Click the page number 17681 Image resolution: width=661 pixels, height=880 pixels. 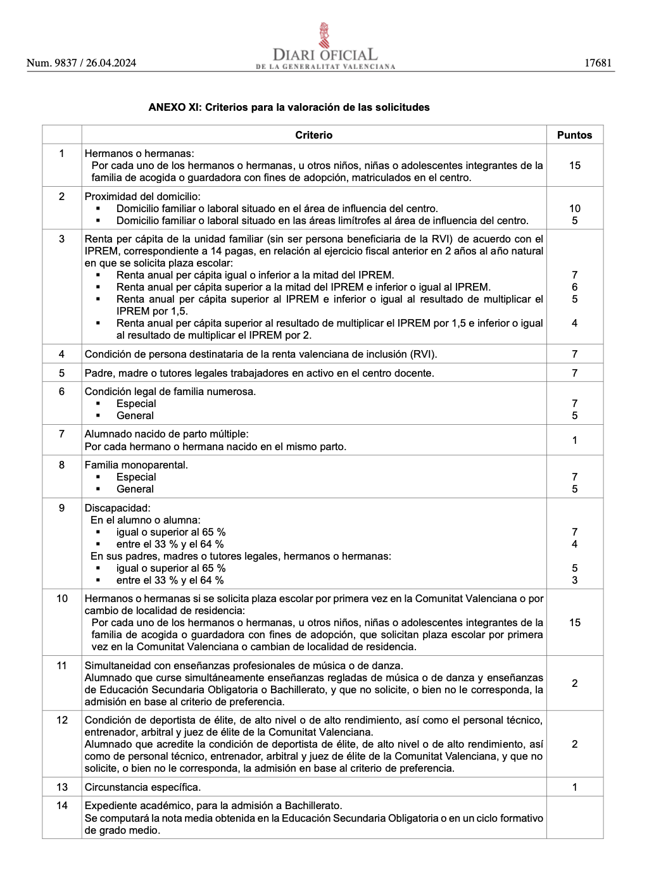(598, 63)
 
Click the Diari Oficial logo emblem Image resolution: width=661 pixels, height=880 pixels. (324, 35)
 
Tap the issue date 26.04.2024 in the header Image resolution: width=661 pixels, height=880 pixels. (111, 63)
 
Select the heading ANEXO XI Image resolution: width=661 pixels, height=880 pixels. (289, 107)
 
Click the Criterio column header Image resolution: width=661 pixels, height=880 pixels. (313, 135)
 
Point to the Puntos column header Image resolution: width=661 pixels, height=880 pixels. (574, 135)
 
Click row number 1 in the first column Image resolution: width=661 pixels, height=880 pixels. (61, 153)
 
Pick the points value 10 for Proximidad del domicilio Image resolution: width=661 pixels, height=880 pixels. (574, 208)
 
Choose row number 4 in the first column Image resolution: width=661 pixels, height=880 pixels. (61, 354)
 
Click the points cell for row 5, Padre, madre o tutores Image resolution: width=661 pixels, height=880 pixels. (574, 373)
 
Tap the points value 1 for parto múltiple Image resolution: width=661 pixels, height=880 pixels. (574, 440)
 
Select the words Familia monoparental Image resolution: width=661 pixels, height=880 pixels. (136, 465)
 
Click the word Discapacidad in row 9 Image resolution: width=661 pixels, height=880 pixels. (117, 508)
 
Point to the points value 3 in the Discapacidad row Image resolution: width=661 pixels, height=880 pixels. (574, 580)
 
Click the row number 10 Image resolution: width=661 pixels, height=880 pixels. (61, 598)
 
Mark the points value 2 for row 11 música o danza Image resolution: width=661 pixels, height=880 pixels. (574, 683)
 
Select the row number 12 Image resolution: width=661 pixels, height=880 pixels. (61, 720)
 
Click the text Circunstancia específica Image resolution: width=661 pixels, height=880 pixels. (142, 787)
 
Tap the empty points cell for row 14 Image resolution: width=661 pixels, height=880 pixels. (574, 817)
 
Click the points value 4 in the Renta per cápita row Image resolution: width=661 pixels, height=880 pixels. (574, 323)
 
